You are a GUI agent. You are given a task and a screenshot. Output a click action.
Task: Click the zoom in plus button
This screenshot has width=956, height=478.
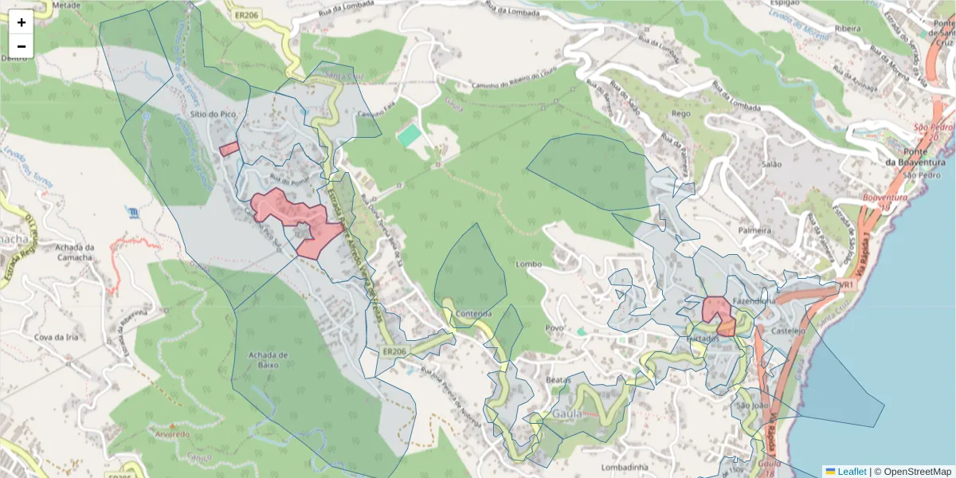tap(22, 22)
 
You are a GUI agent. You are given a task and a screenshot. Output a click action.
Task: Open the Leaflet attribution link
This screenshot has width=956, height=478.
tap(852, 472)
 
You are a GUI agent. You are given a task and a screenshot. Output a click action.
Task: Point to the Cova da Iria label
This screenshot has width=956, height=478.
tap(56, 337)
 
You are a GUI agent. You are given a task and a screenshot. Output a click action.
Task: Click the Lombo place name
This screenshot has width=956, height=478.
tap(528, 264)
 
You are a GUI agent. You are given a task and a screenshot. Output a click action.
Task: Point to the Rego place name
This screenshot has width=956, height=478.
tap(681, 114)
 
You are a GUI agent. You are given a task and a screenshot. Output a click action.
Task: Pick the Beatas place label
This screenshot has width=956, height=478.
tap(558, 381)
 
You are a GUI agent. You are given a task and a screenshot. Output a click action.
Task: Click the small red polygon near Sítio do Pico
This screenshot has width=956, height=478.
tap(229, 149)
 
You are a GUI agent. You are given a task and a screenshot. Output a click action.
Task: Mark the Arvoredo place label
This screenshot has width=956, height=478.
tap(173, 434)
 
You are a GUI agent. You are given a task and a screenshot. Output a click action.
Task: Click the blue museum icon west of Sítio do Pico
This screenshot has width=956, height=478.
tap(132, 212)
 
